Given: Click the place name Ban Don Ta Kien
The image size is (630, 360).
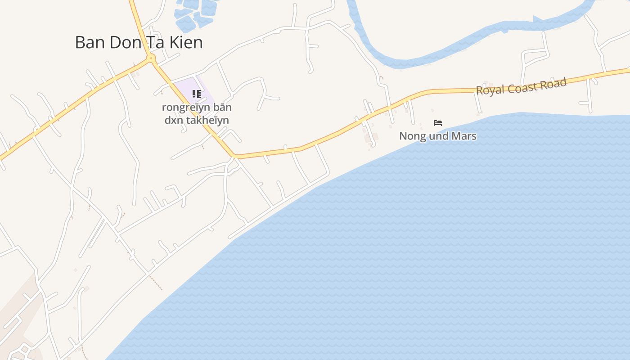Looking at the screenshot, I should point(139,42).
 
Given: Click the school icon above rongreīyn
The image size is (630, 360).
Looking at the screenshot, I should point(197,94).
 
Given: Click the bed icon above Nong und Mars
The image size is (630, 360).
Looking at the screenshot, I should point(438,123).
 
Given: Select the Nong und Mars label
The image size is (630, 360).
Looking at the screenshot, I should point(438,136).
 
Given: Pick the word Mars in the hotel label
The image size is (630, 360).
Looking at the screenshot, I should point(464,136).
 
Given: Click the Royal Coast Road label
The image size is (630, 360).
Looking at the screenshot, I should point(521,86).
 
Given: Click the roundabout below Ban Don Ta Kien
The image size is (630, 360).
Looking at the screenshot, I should point(151,58).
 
